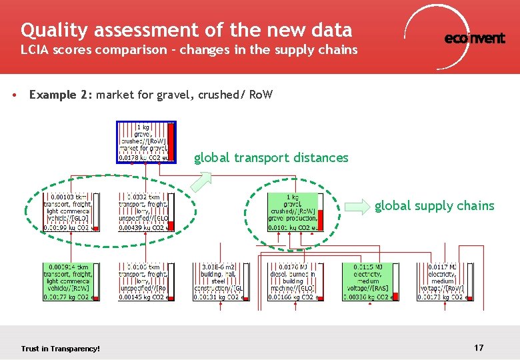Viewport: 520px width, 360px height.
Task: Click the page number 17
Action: point(479,347)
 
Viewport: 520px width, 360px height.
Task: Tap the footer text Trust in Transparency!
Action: point(60,349)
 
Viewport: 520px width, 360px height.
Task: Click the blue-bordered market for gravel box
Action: point(146,142)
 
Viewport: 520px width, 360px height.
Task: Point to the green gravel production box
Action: point(295,212)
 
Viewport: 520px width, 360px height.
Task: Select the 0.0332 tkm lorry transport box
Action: point(146,212)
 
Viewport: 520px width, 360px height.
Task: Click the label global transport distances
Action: point(271,158)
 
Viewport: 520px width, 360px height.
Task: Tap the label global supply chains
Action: point(434,206)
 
